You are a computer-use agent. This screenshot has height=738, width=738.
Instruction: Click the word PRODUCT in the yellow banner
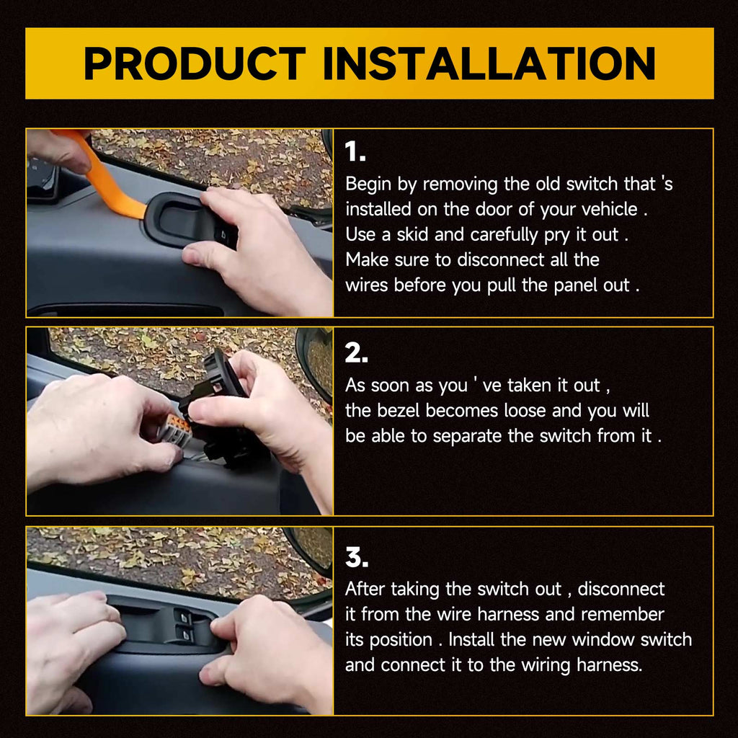pos(195,63)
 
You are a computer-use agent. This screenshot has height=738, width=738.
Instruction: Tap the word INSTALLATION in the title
pos(489,63)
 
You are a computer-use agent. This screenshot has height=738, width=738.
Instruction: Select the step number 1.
pos(355,151)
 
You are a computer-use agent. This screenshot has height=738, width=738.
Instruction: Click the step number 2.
pos(356,352)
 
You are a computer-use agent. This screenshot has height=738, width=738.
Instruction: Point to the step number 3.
pos(357,557)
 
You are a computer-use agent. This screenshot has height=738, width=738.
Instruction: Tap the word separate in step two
pos(467,437)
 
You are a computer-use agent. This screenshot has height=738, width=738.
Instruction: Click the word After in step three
pos(365,590)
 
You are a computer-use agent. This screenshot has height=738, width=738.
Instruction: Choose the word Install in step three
pos(471,640)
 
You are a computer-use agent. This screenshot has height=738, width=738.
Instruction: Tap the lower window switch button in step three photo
pos(185,633)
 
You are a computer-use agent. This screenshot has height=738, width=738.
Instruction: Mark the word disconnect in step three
pos(621,590)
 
